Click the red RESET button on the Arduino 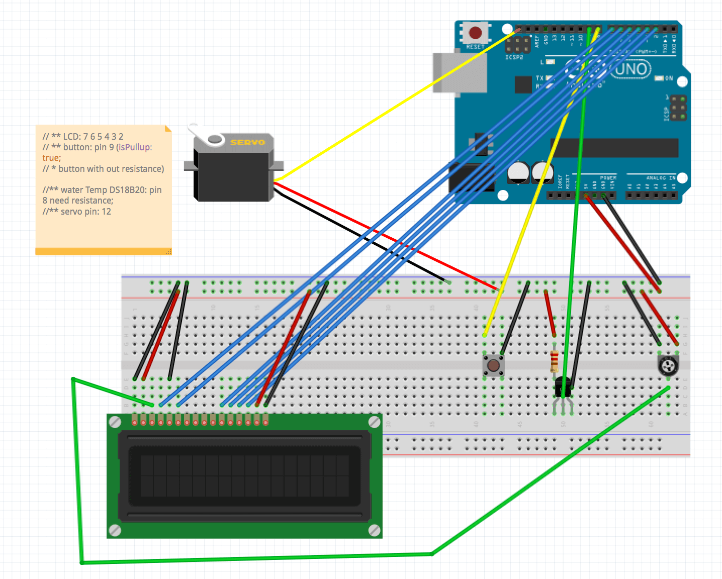[475, 34]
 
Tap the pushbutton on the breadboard [493, 365]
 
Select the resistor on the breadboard [555, 360]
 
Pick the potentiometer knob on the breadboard [668, 365]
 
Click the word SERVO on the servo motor [247, 142]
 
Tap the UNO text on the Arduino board [631, 69]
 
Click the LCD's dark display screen [244, 475]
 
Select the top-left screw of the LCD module [115, 422]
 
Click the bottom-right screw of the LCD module [374, 530]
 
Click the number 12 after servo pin [106, 212]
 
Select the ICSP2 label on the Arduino [514, 58]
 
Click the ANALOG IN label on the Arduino [660, 178]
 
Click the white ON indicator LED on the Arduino [659, 79]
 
